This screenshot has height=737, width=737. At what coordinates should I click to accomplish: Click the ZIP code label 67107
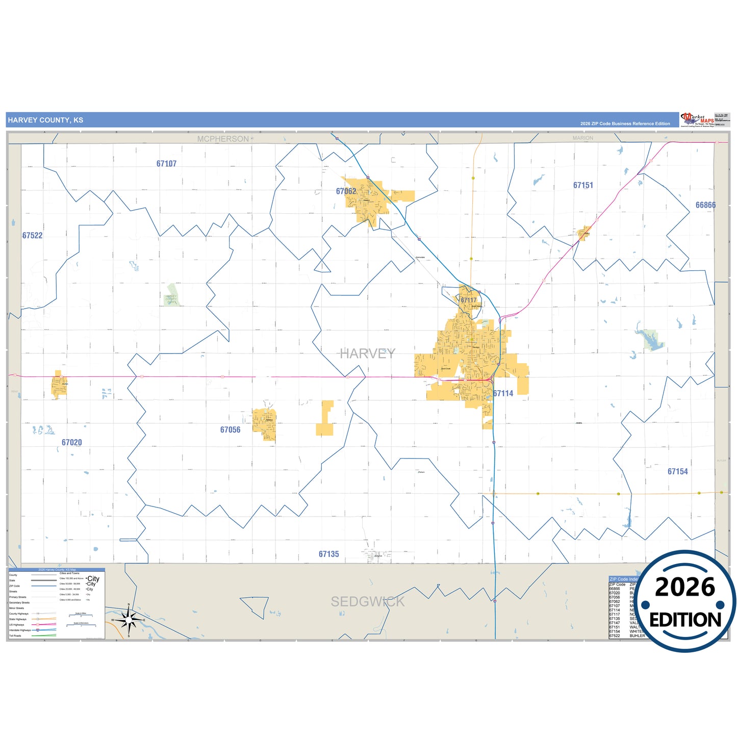point(166,164)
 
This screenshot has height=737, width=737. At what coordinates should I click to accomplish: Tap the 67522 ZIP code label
point(32,236)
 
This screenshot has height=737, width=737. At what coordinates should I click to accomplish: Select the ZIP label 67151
point(583,185)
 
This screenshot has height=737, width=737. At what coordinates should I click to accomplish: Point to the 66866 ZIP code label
point(705,205)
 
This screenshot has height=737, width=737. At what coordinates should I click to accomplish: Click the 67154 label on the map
point(677,472)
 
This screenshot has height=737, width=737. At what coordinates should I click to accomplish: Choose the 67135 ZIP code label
point(328,554)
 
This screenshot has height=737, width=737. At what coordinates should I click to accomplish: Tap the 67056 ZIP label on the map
point(230,430)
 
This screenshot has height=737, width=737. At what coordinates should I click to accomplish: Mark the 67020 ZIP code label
point(71,443)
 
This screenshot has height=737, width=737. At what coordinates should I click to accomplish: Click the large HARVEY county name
point(367,353)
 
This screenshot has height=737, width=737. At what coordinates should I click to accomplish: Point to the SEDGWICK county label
point(367,602)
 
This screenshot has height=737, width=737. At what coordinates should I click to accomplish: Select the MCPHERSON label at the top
point(223,139)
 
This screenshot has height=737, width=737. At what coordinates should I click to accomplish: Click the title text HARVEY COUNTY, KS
point(45,120)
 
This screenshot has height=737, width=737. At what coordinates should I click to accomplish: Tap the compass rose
point(129,620)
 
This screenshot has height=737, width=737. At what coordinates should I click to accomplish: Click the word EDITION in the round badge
point(685,620)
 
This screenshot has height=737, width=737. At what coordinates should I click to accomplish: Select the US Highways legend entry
point(17,625)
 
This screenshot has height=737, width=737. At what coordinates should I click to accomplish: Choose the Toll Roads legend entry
point(15,636)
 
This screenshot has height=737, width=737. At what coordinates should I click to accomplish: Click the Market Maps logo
point(697,120)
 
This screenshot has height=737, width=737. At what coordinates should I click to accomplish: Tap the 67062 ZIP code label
point(346,191)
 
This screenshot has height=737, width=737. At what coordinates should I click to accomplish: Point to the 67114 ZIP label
point(503,393)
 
